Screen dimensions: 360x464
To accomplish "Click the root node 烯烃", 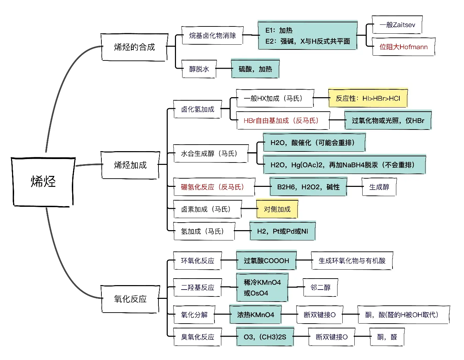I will point(43,182).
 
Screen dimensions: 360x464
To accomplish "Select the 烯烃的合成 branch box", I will point(134,47).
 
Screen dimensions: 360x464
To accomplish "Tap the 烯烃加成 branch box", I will point(130,165).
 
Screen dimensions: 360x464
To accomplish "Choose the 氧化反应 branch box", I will point(130,299).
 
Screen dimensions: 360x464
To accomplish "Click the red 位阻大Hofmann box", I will point(404,47).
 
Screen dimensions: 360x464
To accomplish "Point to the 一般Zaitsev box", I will point(397,25).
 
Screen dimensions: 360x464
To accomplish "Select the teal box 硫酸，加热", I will point(255,69).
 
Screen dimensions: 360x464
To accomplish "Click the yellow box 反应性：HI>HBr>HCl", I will point(368,99).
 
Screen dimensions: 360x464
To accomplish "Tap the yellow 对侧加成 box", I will point(277,209).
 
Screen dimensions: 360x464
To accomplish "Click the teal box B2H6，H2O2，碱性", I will point(308,187).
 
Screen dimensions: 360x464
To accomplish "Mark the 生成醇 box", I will point(379,187).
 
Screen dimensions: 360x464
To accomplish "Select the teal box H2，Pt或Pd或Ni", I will point(282,232).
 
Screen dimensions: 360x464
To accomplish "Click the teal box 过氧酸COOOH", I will point(266,261).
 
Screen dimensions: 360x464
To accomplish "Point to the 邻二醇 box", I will point(320,288).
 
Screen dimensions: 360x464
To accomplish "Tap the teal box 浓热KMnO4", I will point(255,315).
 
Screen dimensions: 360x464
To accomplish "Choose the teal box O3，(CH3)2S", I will point(265,337).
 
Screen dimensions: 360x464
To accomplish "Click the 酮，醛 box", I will point(387,337).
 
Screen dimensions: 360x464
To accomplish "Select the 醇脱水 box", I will point(199,69).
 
